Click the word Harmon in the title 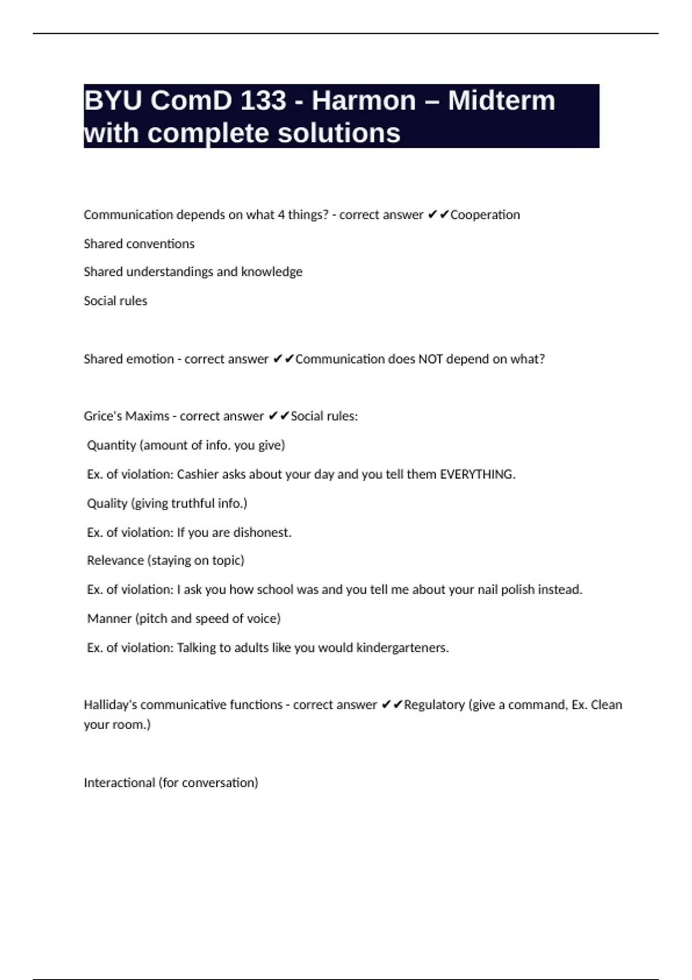[363, 101]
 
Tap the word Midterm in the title [501, 101]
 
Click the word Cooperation [485, 215]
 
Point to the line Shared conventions [139, 244]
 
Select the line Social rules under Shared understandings [115, 301]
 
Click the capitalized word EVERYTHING [477, 474]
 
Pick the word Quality [107, 503]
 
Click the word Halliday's [110, 705]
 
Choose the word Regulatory [434, 705]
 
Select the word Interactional [119, 783]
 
